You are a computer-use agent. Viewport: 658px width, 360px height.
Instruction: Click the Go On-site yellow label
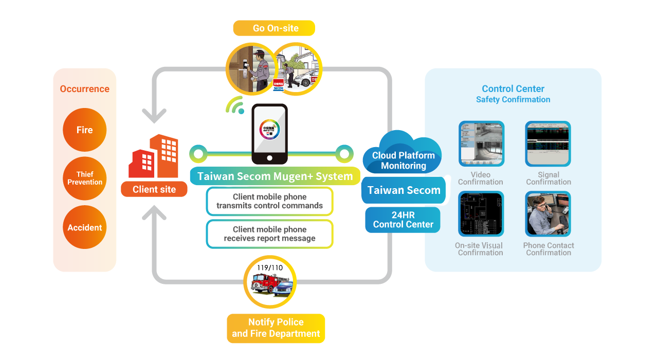pos(274,28)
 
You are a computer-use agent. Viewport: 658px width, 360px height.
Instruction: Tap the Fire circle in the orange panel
pos(85,130)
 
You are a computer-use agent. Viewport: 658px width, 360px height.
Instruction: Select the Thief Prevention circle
pos(85,178)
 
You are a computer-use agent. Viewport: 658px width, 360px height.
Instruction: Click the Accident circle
pos(85,227)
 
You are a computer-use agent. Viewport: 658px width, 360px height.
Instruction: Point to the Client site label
pos(154,189)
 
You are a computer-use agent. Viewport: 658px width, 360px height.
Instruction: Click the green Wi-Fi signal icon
pos(235,105)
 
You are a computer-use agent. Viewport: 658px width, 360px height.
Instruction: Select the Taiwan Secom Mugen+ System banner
pos(275,176)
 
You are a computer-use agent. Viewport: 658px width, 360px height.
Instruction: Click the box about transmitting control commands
pos(270,201)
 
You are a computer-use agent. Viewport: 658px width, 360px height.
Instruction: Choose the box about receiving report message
pos(270,234)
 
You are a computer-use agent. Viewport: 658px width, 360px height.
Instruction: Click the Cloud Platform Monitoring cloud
pos(403,155)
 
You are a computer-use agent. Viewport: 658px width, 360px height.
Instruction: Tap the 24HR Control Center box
pos(403,220)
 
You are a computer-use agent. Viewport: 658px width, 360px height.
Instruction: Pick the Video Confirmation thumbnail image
pos(481,143)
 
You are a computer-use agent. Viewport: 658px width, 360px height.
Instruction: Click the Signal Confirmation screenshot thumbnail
pos(548,143)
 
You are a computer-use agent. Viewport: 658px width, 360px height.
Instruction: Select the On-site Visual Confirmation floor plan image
pos(481,213)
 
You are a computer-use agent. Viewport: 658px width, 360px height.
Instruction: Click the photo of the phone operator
pos(548,213)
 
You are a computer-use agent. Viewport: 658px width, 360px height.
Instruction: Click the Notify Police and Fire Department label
pos(276,328)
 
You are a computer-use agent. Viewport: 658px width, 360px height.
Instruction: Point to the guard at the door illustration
pos(249,69)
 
